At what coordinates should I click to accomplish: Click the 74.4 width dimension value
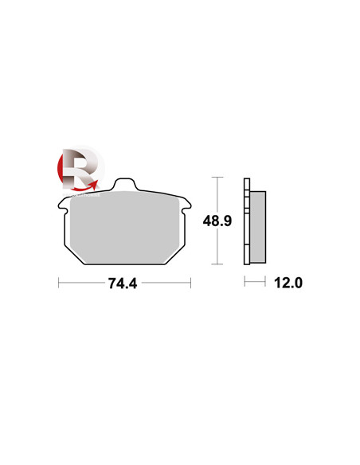[x=123, y=283]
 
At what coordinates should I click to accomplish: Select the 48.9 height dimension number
[x=217, y=221]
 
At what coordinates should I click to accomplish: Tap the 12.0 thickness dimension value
[x=288, y=283]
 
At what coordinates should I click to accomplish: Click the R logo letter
[x=80, y=169]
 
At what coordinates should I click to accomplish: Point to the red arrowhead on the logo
[x=94, y=185]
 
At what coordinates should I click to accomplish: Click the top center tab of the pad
[x=124, y=184]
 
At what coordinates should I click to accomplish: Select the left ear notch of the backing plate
[x=61, y=205]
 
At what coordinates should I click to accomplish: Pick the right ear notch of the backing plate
[x=187, y=205]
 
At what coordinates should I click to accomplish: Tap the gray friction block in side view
[x=258, y=227]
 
